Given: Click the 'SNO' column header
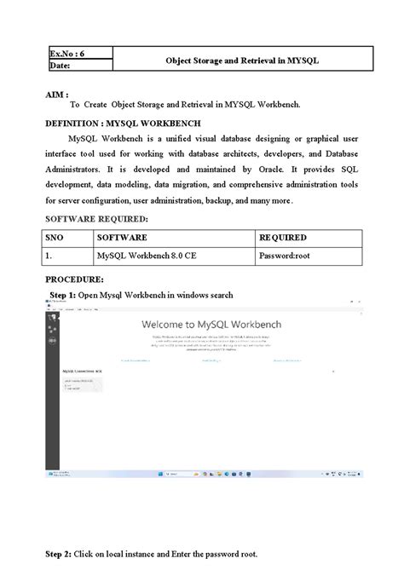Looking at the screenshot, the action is [x=56, y=238].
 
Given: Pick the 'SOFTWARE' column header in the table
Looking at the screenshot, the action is [x=122, y=238].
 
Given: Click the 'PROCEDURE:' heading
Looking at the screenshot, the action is [x=74, y=279].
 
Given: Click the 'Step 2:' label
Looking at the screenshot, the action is [x=59, y=552].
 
